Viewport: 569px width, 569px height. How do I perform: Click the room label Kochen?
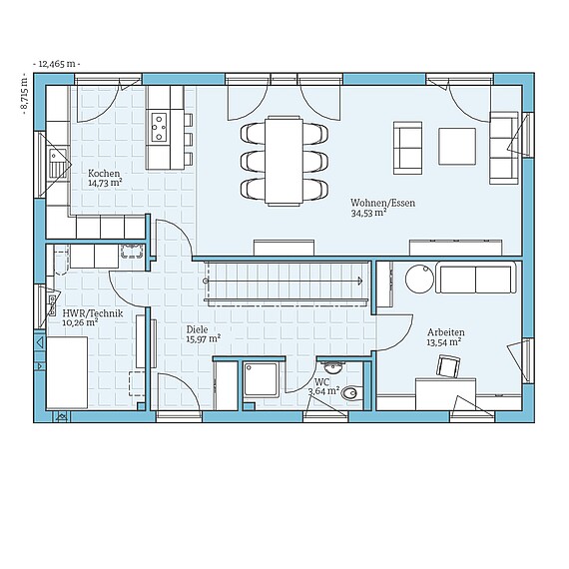pos(103,172)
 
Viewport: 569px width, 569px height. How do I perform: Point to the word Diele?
pos(197,328)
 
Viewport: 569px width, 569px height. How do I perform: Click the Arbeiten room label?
pos(445,331)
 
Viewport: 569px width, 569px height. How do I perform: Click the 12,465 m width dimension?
pos(57,63)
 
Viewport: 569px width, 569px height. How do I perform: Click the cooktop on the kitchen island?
pos(159,126)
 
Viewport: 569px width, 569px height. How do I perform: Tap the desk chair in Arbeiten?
pos(446,367)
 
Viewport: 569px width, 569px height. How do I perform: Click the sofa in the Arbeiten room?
pos(476,279)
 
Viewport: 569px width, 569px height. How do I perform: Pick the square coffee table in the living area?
pos(459,146)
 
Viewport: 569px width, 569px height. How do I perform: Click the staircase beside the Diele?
pos(284,281)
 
